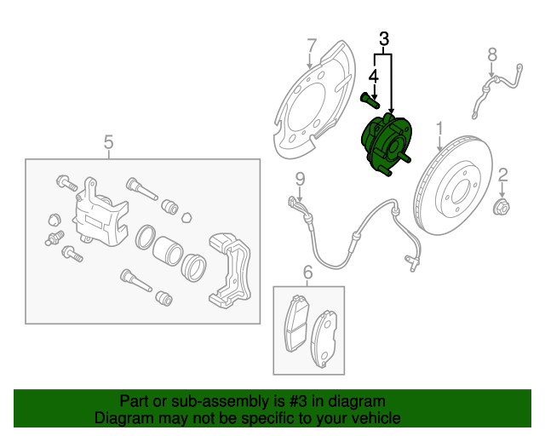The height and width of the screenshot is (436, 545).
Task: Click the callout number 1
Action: pos(440,129)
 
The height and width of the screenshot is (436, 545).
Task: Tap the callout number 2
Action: pos(502,175)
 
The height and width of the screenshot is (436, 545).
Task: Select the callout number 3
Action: pos(384,38)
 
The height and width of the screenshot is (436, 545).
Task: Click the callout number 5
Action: pos(108,141)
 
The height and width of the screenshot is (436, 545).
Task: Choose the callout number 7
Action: pos(312,44)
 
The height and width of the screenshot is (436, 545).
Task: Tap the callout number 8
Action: pos(491,55)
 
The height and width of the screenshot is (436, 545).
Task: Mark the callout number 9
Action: pos(300,179)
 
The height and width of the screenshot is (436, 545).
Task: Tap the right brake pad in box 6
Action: pos(325,336)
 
